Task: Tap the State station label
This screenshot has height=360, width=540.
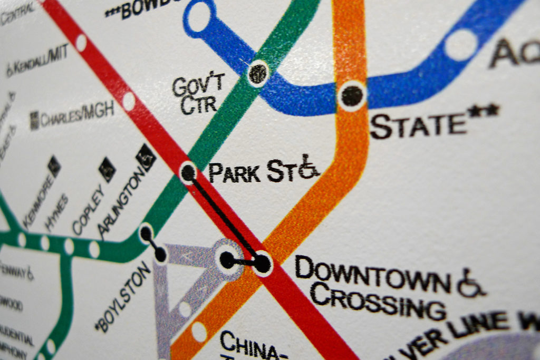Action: pos(418,125)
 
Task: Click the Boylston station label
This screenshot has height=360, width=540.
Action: pos(123,298)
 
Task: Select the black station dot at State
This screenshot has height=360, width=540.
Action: pos(352,96)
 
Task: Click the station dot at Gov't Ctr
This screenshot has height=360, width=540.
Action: pos(258,73)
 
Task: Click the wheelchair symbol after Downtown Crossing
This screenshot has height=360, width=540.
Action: pos(470,283)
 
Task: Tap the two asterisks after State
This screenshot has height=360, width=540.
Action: pos(484,111)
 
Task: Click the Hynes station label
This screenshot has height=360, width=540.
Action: pos(57,213)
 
